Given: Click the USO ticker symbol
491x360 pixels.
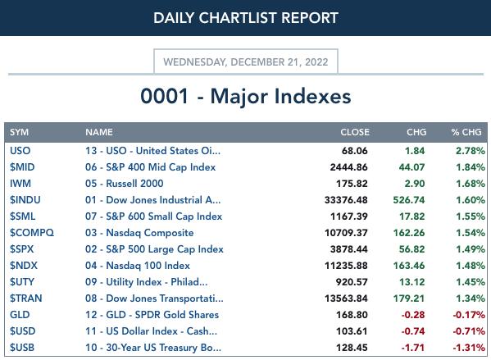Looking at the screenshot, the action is pyautogui.click(x=20, y=151).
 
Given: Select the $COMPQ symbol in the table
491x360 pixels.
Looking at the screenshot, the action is pyautogui.click(x=32, y=233).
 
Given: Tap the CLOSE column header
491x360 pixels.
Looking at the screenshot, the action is pyautogui.click(x=355, y=132).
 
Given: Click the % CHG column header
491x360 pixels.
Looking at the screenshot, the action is pyautogui.click(x=466, y=132).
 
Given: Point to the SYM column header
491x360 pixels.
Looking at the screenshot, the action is pyautogui.click(x=19, y=132).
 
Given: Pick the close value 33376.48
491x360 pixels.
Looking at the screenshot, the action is pyautogui.click(x=346, y=200).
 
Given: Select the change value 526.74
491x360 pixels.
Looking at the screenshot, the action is pyautogui.click(x=409, y=200).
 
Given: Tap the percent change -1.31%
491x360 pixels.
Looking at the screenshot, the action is pyautogui.click(x=469, y=348).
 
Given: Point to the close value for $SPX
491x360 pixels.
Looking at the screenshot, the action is pyautogui.click(x=349, y=249).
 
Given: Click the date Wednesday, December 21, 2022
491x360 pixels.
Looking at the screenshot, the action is pyautogui.click(x=246, y=62).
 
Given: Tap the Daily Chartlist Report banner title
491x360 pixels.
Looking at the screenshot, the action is pyautogui.click(x=246, y=18).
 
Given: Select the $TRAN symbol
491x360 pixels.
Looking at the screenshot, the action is pyautogui.click(x=25, y=298).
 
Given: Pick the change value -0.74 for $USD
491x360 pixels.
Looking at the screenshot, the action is pyautogui.click(x=413, y=331).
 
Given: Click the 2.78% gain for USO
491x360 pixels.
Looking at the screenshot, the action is pyautogui.click(x=471, y=151).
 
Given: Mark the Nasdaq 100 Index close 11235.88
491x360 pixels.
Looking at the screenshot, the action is pyautogui.click(x=346, y=266).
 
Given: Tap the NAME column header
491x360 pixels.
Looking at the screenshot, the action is pyautogui.click(x=99, y=132).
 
